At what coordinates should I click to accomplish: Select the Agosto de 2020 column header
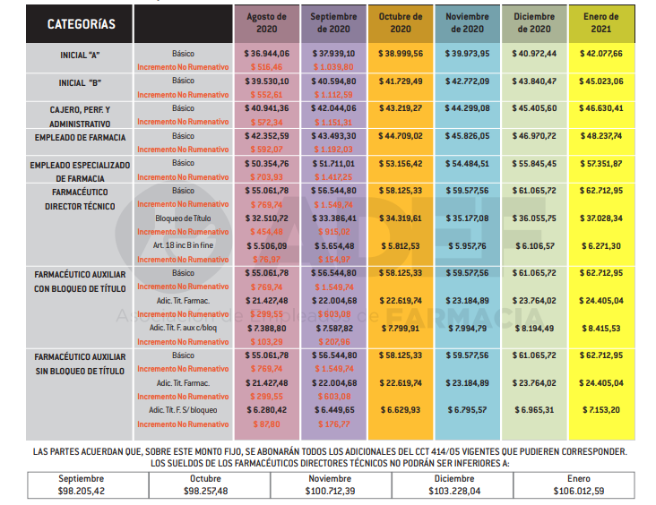click(266, 23)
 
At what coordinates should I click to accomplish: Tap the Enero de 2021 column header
click(601, 23)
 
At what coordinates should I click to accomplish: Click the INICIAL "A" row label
click(80, 54)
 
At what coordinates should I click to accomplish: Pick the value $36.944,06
click(266, 54)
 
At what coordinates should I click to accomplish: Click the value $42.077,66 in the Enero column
click(601, 54)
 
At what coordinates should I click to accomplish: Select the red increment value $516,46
click(266, 67)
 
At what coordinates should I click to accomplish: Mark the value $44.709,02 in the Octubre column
click(401, 137)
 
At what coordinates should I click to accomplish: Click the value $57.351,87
click(601, 165)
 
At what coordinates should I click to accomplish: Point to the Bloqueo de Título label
click(182, 218)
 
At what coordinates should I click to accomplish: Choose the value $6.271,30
click(601, 245)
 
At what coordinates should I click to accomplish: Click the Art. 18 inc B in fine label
click(182, 245)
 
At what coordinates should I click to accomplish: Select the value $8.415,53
click(601, 329)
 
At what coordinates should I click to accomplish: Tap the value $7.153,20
click(601, 410)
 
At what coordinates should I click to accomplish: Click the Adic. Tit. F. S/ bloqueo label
click(182, 410)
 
